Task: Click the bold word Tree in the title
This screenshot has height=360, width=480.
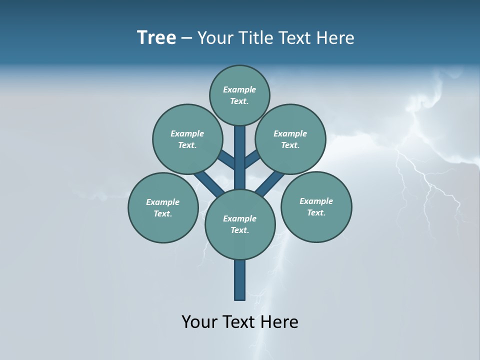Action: click(x=156, y=37)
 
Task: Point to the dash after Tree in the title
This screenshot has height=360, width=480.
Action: click(x=186, y=38)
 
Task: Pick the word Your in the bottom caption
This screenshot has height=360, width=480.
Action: click(x=199, y=321)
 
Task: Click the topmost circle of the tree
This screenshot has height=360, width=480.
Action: click(x=239, y=95)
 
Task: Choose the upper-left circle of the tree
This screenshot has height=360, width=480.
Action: click(x=187, y=139)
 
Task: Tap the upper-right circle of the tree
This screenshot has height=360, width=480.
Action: click(x=290, y=139)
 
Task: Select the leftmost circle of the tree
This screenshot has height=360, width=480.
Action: click(x=163, y=207)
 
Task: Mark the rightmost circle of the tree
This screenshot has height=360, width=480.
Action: click(x=316, y=206)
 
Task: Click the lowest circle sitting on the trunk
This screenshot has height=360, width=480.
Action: click(x=240, y=224)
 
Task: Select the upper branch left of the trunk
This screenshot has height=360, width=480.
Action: click(x=226, y=159)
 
